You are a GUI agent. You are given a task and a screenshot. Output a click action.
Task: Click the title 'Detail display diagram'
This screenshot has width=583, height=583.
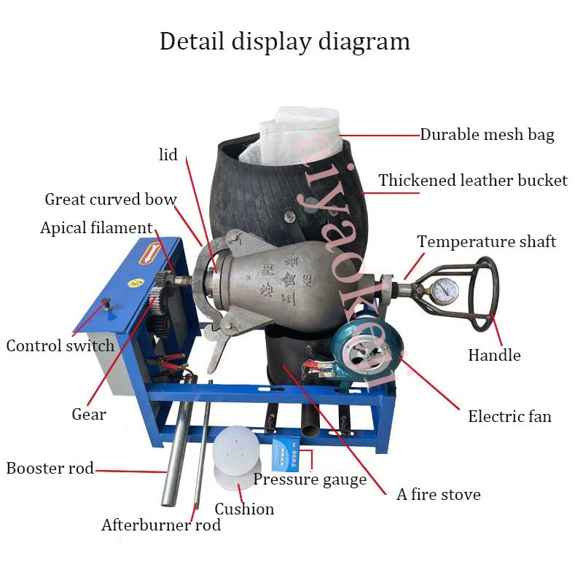click(x=285, y=41)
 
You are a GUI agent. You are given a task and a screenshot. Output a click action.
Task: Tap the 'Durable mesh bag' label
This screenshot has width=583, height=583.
click(x=487, y=135)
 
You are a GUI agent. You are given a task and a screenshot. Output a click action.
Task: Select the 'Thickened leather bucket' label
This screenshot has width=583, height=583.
click(x=472, y=181)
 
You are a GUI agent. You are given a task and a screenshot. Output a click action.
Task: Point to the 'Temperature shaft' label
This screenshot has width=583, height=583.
click(x=486, y=241)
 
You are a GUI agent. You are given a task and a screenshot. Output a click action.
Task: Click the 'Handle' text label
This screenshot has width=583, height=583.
click(x=494, y=356)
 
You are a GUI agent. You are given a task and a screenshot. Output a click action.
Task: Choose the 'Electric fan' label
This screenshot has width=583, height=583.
click(x=509, y=417)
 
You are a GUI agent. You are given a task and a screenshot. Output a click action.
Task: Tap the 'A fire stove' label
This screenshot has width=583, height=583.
click(x=439, y=495)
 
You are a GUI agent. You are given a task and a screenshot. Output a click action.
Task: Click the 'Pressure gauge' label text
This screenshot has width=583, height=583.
click(x=310, y=480)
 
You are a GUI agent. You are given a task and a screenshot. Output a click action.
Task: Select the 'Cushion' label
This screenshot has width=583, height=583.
click(x=244, y=509)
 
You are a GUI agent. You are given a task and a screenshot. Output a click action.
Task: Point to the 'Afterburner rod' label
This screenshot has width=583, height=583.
click(x=160, y=525)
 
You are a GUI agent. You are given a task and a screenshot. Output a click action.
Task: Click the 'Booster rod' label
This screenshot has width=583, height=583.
click(x=50, y=469)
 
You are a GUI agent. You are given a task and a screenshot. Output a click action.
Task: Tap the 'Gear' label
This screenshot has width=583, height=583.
click(x=89, y=415)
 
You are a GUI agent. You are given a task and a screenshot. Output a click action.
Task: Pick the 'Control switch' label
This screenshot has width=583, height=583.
click(x=60, y=345)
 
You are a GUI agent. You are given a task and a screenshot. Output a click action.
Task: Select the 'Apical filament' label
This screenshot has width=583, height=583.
click(x=96, y=228)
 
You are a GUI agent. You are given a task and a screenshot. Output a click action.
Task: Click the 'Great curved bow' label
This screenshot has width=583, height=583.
click(x=111, y=200)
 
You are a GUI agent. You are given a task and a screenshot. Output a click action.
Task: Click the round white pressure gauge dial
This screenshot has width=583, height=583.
click(x=443, y=292)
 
